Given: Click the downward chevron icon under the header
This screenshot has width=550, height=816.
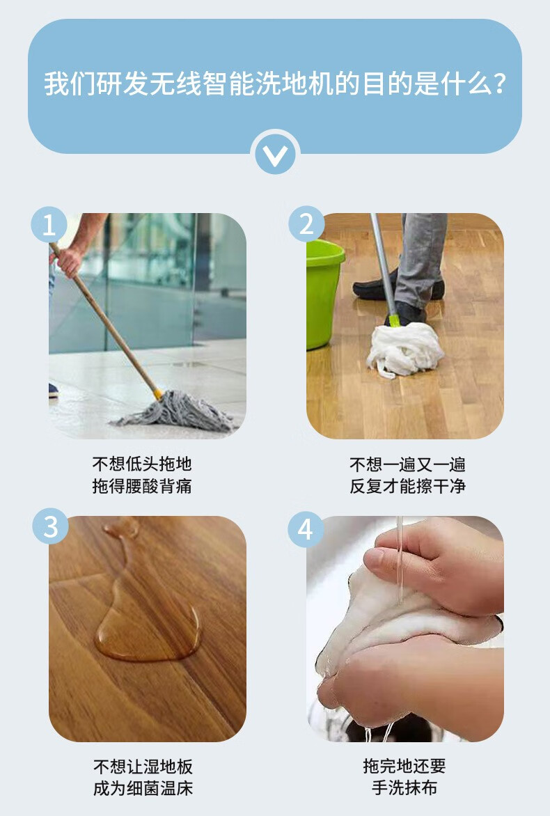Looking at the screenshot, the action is click(275, 155).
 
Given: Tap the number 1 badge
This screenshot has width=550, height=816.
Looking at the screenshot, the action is click(49, 225).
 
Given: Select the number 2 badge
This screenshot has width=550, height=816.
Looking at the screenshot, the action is click(306, 223).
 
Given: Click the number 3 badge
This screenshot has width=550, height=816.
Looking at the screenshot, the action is click(50, 526).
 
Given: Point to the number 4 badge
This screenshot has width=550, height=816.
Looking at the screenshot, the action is click(306, 529).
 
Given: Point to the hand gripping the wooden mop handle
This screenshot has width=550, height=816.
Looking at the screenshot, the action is click(68, 260).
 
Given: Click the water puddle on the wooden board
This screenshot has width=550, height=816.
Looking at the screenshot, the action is click(143, 614).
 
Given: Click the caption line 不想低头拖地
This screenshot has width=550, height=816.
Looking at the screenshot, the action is click(142, 463).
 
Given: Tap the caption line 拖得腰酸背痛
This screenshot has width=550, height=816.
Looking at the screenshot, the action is click(142, 486).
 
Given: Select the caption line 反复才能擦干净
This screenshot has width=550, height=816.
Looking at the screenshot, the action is click(407, 486).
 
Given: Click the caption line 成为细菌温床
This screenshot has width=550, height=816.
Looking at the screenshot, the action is click(143, 788).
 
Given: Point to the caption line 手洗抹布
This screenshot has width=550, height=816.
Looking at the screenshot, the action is click(404, 788).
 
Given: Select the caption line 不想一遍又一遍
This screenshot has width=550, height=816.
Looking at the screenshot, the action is click(407, 464).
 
